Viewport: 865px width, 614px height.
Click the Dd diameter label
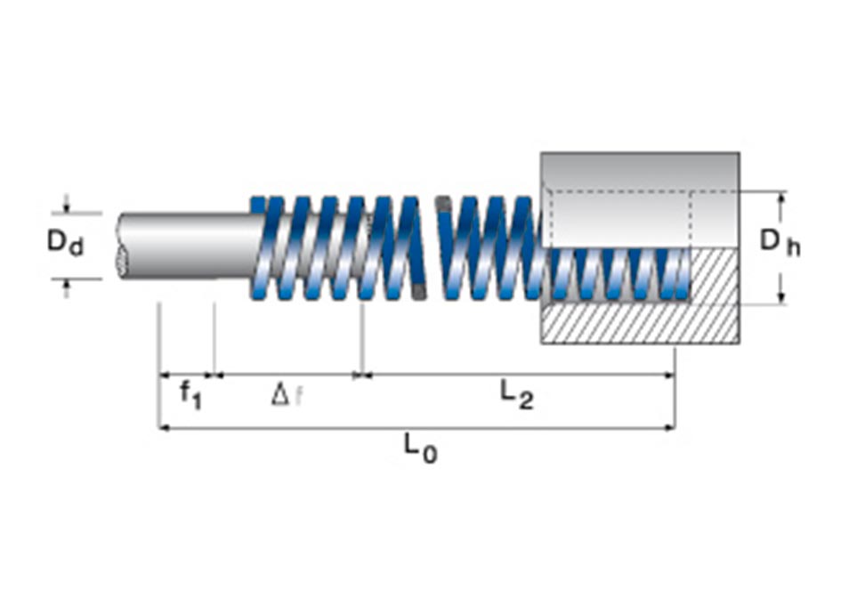(x=65, y=243)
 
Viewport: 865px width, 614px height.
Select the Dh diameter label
(x=780, y=243)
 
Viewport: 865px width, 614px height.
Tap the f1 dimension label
(x=191, y=395)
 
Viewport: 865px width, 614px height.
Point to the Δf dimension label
(x=287, y=395)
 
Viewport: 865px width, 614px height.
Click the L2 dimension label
(x=517, y=395)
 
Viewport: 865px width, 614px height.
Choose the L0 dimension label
(x=420, y=448)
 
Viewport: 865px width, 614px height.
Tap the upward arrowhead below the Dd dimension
(x=67, y=285)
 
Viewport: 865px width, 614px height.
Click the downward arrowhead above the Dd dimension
(x=67, y=206)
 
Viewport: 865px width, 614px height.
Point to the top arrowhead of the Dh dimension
(x=780, y=198)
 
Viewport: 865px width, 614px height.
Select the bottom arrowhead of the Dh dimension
(x=780, y=298)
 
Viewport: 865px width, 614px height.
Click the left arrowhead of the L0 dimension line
(x=164, y=427)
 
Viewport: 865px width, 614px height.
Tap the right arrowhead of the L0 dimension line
(x=669, y=427)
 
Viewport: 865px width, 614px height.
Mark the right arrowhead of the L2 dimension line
(x=669, y=376)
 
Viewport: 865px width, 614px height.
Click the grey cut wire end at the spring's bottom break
(x=419, y=292)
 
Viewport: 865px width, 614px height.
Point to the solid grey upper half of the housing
(x=640, y=199)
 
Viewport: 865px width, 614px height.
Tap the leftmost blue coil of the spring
(x=259, y=248)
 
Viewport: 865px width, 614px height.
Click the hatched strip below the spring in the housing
(x=640, y=323)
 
